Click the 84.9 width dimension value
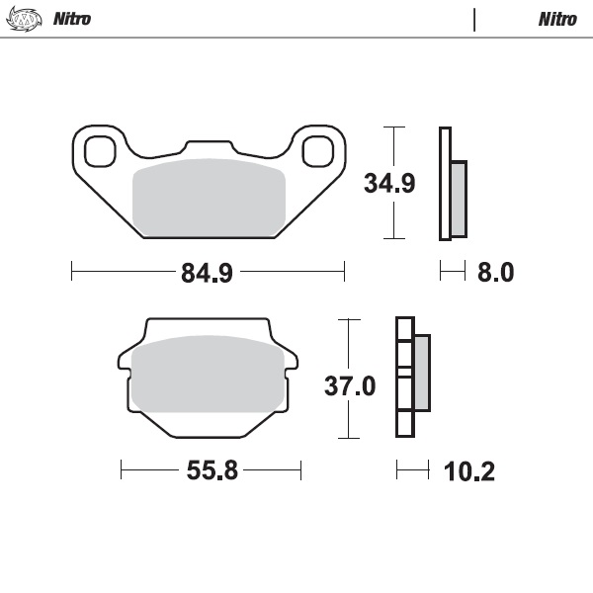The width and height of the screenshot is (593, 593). pyautogui.click(x=207, y=272)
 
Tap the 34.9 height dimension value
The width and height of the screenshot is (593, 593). pyautogui.click(x=388, y=184)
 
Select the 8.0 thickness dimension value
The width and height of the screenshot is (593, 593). pyautogui.click(x=495, y=272)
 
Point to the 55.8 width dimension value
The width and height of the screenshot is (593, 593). pyautogui.click(x=212, y=470)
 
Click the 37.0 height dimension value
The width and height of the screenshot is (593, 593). pyautogui.click(x=350, y=385)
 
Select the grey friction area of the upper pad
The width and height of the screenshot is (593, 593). pyautogui.click(x=209, y=198)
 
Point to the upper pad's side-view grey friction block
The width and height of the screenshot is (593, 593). pyautogui.click(x=459, y=198)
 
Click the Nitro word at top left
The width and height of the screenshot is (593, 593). pyautogui.click(x=70, y=19)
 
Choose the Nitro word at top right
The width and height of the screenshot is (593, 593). pyautogui.click(x=557, y=19)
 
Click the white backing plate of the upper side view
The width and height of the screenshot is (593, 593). pyautogui.click(x=444, y=184)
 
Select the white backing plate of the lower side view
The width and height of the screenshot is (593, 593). pyautogui.click(x=403, y=378)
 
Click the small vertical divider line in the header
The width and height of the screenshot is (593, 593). pyautogui.click(x=474, y=19)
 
